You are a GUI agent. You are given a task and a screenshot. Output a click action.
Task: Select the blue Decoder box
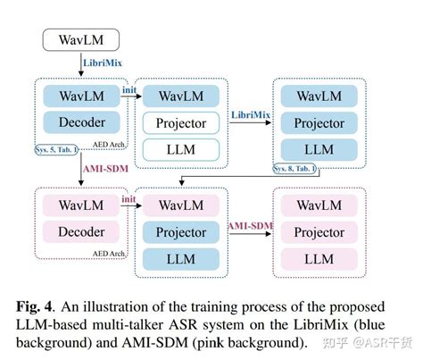coord(81,122)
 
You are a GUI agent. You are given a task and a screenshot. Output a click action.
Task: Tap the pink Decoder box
coord(81,232)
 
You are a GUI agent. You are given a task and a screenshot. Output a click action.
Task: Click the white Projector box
coord(181,123)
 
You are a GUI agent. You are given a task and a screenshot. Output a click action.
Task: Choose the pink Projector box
coord(319,232)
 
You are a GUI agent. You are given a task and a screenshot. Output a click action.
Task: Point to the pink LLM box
coord(319,258)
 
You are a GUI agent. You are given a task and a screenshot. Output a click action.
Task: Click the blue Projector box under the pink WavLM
coord(181,232)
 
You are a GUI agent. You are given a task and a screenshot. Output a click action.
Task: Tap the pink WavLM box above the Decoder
coord(81,206)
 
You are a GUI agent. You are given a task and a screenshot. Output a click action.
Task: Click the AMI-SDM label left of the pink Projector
coord(251,225)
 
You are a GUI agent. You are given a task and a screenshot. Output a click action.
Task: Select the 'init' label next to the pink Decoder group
coord(129,198)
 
